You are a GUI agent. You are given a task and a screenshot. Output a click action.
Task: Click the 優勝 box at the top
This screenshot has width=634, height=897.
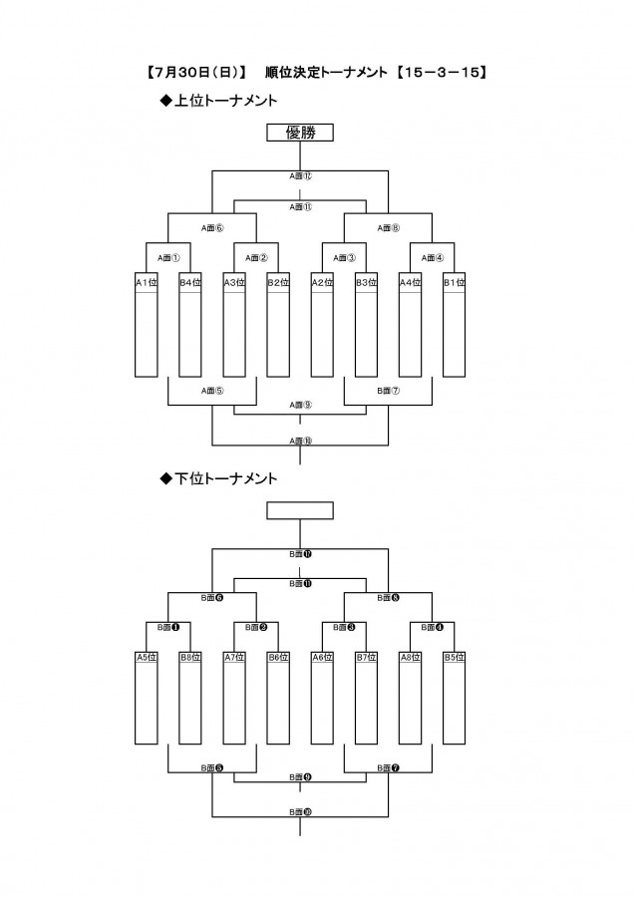click(300, 134)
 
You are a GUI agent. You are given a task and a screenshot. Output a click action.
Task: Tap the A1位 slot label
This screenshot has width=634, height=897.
click(146, 282)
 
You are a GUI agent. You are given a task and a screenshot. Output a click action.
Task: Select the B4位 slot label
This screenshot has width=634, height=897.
click(189, 282)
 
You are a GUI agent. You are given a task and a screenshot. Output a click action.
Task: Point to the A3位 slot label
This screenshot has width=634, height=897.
click(233, 282)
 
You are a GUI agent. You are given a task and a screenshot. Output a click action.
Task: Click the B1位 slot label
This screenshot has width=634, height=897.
click(454, 282)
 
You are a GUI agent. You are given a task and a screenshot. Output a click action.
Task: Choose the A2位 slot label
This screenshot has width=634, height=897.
click(322, 282)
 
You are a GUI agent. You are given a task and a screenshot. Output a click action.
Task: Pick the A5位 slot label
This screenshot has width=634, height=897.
click(146, 657)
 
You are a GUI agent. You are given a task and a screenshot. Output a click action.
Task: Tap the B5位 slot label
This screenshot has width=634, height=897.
click(454, 657)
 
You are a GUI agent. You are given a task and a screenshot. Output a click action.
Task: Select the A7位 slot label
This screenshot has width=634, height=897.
click(233, 657)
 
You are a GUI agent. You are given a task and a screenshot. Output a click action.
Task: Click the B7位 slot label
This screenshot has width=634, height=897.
click(366, 657)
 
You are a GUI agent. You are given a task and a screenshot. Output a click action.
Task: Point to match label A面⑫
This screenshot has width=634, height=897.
click(300, 175)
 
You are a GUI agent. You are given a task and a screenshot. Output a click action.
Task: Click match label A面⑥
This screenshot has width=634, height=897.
click(211, 227)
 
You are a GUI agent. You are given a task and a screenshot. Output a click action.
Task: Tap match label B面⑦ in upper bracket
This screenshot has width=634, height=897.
click(388, 392)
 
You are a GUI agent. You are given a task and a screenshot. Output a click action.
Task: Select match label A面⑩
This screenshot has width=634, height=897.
click(300, 440)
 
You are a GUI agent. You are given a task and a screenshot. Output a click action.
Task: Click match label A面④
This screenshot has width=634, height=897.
click(432, 257)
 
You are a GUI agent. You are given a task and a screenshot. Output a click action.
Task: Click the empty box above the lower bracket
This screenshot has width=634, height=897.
click(300, 510)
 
